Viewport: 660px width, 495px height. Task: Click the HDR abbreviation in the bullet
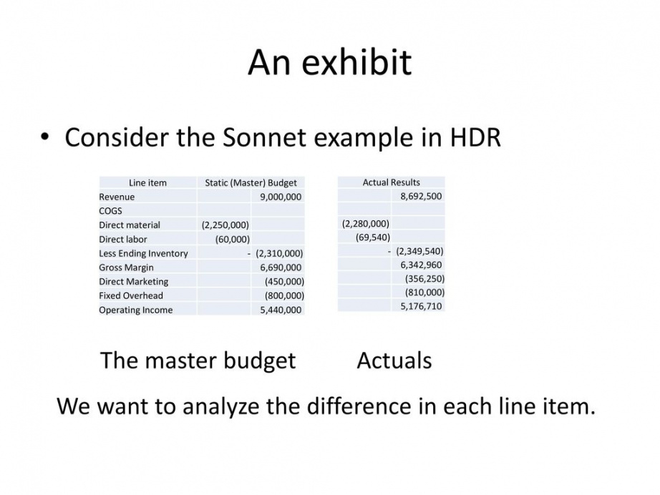coord(475,137)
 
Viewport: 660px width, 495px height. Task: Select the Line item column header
coord(147,183)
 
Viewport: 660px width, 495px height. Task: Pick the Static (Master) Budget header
coord(251,183)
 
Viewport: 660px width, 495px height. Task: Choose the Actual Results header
coord(392,182)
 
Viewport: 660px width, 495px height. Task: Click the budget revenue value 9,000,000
coord(281,197)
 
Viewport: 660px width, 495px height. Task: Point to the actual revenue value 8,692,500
coord(421,196)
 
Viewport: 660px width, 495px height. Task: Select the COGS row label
coord(110,211)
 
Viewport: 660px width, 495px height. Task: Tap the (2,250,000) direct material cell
coord(225,225)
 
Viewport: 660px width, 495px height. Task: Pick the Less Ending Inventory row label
coord(143,253)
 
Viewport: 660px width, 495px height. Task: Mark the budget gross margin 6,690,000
coord(281,268)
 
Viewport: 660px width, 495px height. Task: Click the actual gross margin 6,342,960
coord(421,265)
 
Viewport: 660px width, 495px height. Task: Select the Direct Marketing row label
coord(133,281)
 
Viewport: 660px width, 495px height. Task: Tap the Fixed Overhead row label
coord(131,295)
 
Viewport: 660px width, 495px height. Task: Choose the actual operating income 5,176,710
coord(421,305)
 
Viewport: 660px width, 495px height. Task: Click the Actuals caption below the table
coord(394,361)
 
